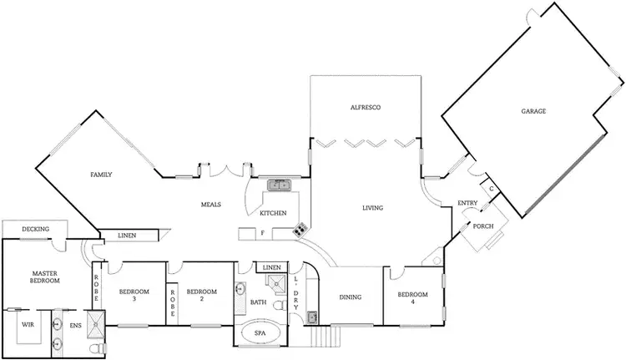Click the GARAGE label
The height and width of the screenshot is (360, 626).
coord(533,110)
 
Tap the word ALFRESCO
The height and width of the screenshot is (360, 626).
coord(366,108)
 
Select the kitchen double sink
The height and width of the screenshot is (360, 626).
coord(279,185)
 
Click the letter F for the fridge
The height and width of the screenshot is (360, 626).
coord(262,234)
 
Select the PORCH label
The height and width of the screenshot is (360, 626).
coord(483,226)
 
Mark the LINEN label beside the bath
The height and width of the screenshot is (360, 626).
coord(271,267)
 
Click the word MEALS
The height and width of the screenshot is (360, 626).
coord(210,204)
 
